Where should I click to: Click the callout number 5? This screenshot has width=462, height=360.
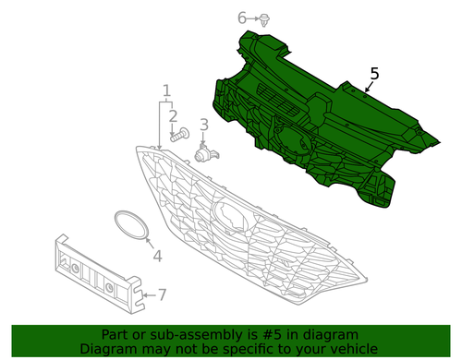374,74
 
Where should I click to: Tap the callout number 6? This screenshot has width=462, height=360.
242,18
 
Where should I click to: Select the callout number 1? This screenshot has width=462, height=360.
166,90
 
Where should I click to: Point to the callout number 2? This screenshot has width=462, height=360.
173,116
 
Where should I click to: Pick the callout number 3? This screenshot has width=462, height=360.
204,125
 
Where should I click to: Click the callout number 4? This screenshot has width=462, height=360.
157,256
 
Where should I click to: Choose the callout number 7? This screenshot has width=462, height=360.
162,294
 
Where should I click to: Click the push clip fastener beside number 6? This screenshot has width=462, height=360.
264,19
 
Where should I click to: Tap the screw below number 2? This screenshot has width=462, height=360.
180,135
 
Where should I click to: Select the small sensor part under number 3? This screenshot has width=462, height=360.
206,153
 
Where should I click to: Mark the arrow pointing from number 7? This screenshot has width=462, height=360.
150,295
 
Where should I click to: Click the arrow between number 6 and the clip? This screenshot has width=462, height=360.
253,18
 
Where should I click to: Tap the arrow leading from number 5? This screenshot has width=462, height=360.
368,87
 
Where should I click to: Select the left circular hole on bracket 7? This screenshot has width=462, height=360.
75,269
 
